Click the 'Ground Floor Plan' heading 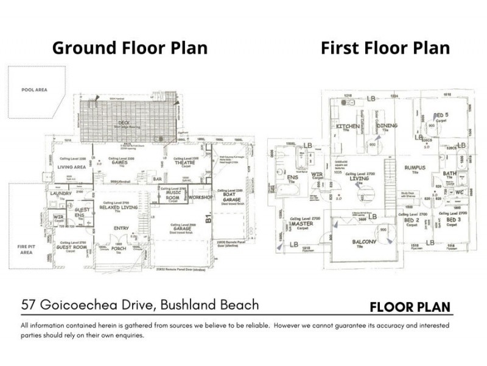coord(130,48)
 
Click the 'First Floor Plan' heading coord(385,48)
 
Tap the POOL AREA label coord(33,90)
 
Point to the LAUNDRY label coord(63,193)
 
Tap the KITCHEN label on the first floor coord(348,126)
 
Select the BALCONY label coord(365,242)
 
